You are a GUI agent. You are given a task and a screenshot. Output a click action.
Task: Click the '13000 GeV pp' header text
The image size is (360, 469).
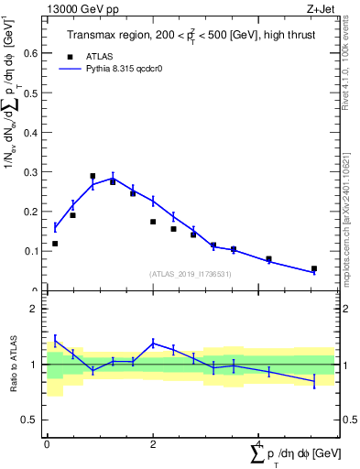coord(80,8)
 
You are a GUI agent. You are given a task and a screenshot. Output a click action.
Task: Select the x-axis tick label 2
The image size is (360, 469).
coord(153,443)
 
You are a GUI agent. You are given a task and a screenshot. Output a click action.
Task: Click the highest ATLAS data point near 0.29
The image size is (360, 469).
coord(93,176)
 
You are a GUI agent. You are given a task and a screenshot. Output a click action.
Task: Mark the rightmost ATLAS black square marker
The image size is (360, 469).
coord(313,269)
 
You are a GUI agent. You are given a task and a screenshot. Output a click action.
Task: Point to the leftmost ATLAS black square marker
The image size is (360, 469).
coord(55,244)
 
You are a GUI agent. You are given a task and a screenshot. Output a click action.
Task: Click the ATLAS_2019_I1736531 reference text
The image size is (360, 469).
coord(191,274)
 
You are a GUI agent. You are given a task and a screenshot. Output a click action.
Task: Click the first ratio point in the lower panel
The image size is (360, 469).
coord(55,340)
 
